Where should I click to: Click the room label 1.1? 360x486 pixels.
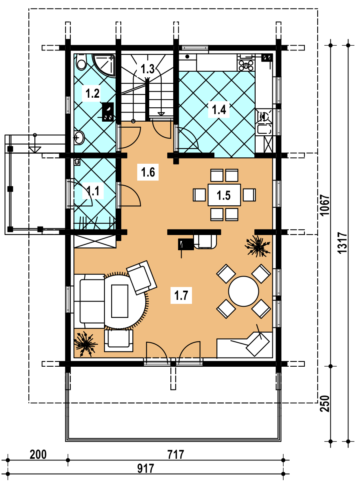[x=93, y=191]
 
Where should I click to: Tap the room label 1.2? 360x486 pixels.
[x=92, y=93]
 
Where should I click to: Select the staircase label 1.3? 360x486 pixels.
[x=148, y=69]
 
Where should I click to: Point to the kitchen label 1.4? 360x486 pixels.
[x=219, y=109]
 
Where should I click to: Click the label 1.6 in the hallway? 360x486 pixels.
[x=148, y=172]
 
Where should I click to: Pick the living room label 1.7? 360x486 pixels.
[x=181, y=295]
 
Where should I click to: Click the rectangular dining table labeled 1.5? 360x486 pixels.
[x=224, y=195]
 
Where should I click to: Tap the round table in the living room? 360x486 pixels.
[x=243, y=291]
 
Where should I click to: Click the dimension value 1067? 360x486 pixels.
[x=324, y=205]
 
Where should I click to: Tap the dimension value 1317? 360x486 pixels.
[x=342, y=243]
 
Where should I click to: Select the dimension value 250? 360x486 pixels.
[x=324, y=404]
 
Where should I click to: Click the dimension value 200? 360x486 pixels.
[x=38, y=454]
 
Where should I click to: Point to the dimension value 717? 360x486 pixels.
[x=176, y=454]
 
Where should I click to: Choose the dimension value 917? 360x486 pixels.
[x=146, y=468]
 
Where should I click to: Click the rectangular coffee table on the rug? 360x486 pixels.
[x=120, y=301]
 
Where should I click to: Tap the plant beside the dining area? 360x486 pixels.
[x=257, y=246]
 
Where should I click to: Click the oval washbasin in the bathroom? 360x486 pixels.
[x=79, y=138]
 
